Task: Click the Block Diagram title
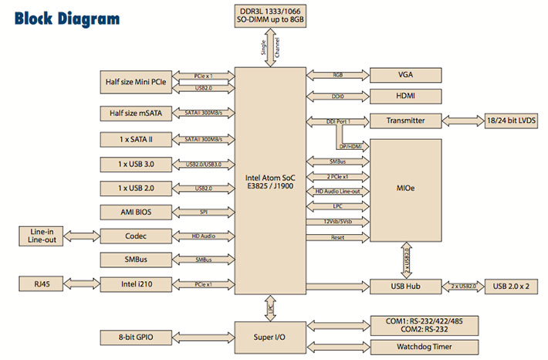tap(67, 19)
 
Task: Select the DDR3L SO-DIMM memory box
tap(270, 15)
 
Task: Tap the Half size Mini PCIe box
tap(136, 82)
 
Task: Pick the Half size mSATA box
tap(136, 114)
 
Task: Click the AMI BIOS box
tap(136, 212)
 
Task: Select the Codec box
tap(136, 236)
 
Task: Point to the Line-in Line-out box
tap(41, 236)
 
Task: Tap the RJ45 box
tap(41, 284)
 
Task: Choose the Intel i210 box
tap(136, 284)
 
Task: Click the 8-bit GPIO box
tap(136, 338)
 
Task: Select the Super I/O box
tap(270, 338)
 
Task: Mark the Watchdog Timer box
tap(425, 347)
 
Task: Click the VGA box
tap(406, 75)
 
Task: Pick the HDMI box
tap(406, 97)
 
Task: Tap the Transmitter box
tap(406, 121)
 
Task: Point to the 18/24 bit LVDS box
tap(511, 121)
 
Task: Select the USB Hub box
tap(406, 287)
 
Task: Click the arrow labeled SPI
tap(204, 212)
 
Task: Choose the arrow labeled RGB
tap(337, 75)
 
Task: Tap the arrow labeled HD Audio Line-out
tap(337, 192)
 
